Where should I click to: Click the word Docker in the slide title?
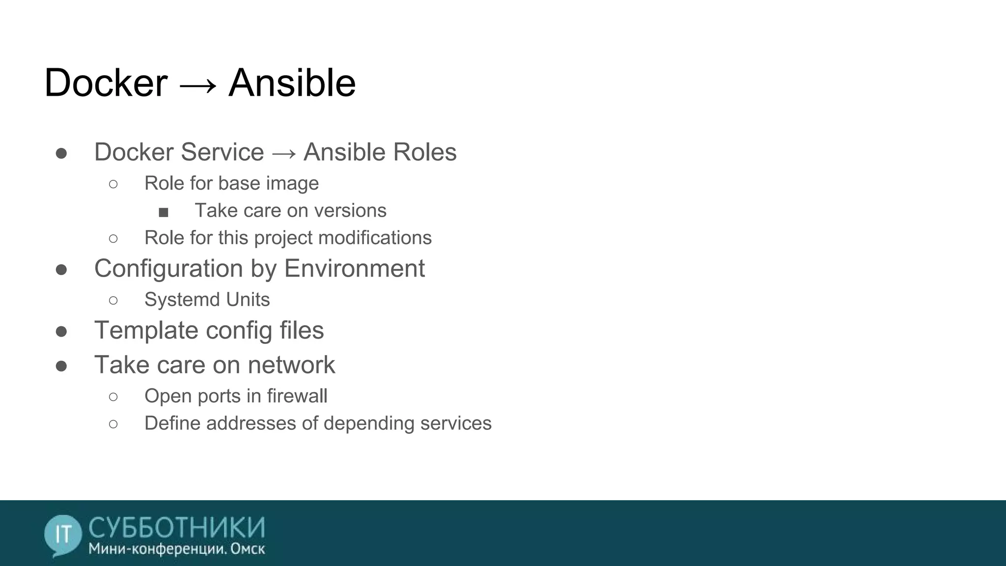[x=106, y=83]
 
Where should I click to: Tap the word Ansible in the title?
[x=292, y=83]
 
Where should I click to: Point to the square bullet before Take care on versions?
[x=164, y=212]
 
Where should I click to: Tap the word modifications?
[x=375, y=238]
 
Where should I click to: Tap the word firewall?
[x=297, y=396]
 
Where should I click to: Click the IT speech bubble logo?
[x=63, y=535]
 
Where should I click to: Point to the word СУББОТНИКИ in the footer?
[x=177, y=528]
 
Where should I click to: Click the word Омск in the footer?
[x=248, y=549]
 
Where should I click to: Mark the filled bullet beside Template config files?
[x=61, y=332]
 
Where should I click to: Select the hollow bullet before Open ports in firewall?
[x=113, y=396]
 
